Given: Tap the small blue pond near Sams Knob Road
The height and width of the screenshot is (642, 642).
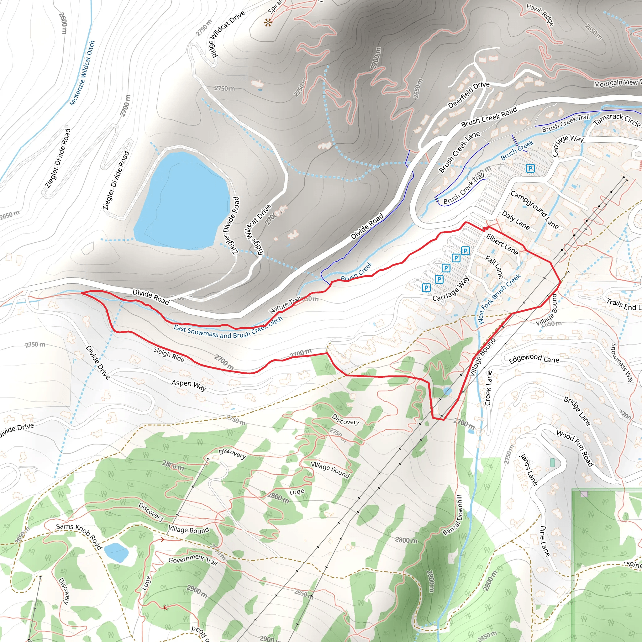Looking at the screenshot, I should click(116, 552).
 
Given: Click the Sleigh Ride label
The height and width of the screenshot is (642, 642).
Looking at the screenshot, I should click(169, 354).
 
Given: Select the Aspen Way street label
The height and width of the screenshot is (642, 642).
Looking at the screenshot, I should click(189, 385).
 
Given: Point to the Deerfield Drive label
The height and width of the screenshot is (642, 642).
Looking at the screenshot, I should click(469, 95).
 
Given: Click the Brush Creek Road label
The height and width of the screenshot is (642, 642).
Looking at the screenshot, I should click(489, 117).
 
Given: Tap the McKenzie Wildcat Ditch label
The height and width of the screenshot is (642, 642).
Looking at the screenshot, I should click(82, 73).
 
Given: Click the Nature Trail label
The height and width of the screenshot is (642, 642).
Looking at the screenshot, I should click(285, 305).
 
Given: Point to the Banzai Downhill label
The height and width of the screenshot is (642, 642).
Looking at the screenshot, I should click(453, 515).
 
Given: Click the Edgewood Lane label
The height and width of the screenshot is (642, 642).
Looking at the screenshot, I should click(534, 359).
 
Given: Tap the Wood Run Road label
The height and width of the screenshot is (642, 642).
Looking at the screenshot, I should click(575, 448).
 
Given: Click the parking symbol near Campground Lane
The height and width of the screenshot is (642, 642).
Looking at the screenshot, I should click(530, 168).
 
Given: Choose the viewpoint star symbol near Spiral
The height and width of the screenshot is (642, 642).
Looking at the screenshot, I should click(268, 23).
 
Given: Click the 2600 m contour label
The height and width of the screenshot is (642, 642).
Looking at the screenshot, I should click(63, 23).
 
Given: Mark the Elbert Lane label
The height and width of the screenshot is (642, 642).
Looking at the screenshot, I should click(502, 244).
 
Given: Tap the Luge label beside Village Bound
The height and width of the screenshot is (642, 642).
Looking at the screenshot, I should click(297, 492).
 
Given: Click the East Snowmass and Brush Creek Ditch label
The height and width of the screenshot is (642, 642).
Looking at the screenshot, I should click(228, 329).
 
